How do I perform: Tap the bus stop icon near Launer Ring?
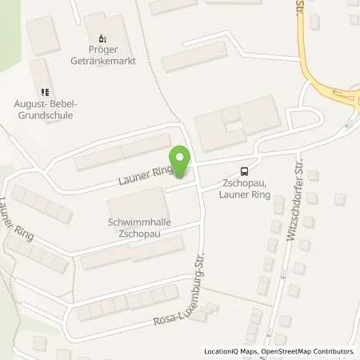tap(243, 170)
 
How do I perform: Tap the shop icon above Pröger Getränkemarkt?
tap(101, 37)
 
